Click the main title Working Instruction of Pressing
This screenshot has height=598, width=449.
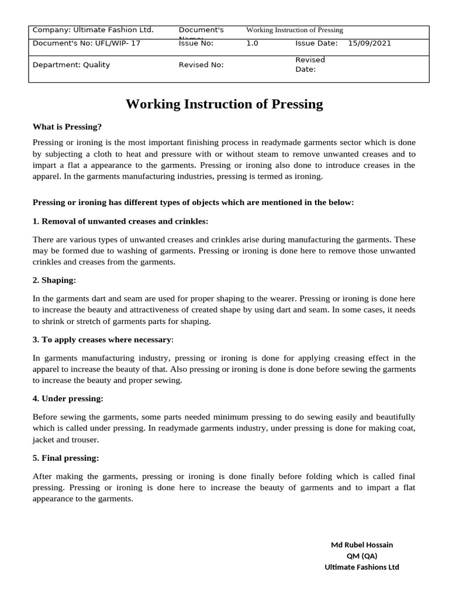[x=224, y=105]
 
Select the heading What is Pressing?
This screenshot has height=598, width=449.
[x=67, y=127]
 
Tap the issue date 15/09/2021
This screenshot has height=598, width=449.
[x=369, y=43]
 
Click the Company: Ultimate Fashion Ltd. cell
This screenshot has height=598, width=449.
[x=92, y=30]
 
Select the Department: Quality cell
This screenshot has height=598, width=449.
[x=71, y=65]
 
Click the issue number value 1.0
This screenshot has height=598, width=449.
[x=252, y=43]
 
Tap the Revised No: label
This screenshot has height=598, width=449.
[x=201, y=65]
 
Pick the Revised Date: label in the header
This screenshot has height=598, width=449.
[x=310, y=65]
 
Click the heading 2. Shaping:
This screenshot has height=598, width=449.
[x=54, y=280]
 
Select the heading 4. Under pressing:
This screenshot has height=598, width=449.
[x=68, y=398]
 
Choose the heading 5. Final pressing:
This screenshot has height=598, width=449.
[x=65, y=458]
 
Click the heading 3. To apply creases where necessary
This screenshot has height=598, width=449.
[x=102, y=339]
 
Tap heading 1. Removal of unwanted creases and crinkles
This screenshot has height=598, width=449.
[x=120, y=221]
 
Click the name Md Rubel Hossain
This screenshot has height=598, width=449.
[x=362, y=545]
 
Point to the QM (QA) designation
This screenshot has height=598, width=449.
[x=362, y=556]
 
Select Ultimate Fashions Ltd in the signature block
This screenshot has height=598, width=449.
[x=362, y=567]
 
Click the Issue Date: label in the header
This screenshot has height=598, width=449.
[x=316, y=43]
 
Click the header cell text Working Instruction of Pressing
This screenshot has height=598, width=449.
[x=295, y=30]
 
